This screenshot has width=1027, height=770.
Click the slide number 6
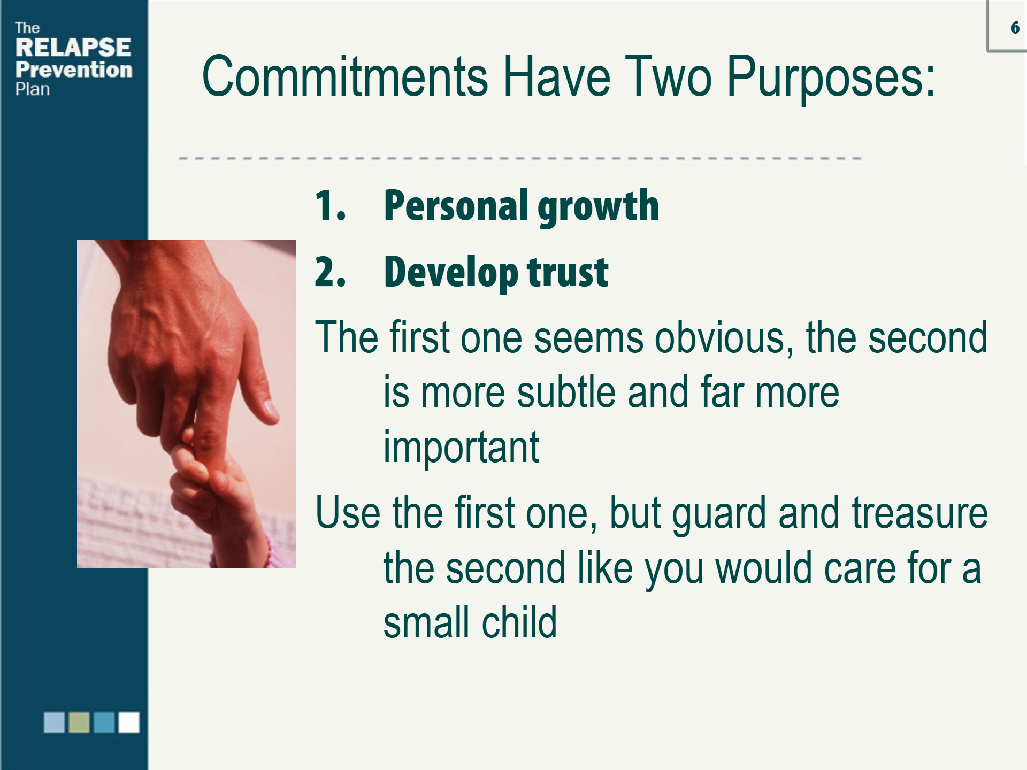click(x=1015, y=28)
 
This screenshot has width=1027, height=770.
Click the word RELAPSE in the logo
click(x=73, y=48)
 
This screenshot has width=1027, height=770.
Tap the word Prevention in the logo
click(x=74, y=70)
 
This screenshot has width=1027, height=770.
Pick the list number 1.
click(x=330, y=205)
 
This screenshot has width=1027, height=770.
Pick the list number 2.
click(x=330, y=272)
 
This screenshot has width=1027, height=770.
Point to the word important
click(x=461, y=448)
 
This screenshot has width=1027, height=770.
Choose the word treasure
click(x=919, y=513)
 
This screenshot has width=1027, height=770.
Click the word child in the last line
click(x=519, y=622)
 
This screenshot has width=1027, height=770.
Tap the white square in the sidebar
click(x=129, y=722)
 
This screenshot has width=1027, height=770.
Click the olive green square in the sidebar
click(x=79, y=722)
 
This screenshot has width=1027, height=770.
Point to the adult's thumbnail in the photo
click(x=271, y=409)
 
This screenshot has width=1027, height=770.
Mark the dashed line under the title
click(x=520, y=159)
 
